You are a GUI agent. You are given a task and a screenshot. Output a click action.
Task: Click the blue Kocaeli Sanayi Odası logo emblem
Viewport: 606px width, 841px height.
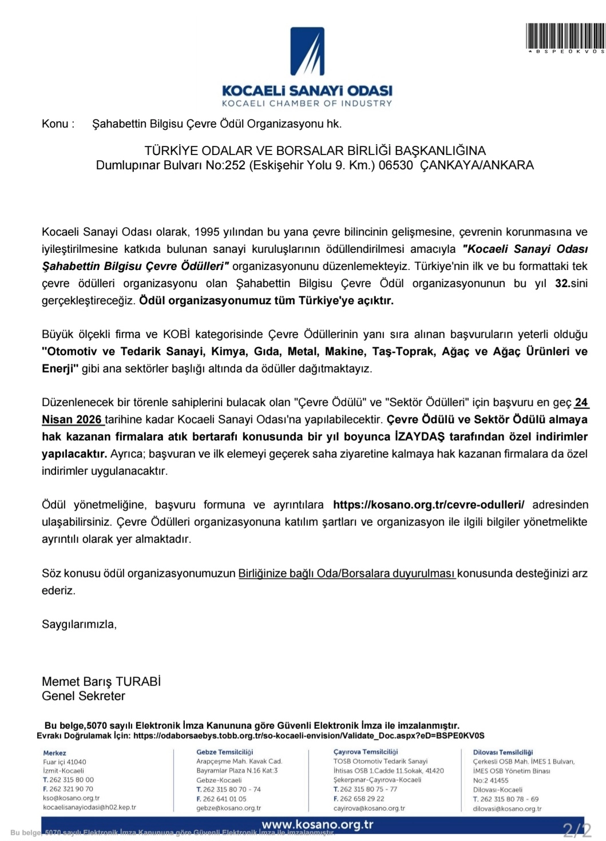click(x=307, y=51)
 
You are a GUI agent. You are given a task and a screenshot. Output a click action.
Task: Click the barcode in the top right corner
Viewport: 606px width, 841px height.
click(x=565, y=36)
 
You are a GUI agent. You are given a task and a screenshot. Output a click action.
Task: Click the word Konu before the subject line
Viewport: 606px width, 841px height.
click(x=55, y=124)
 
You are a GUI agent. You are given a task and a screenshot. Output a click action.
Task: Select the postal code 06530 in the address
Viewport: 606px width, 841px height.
click(x=395, y=165)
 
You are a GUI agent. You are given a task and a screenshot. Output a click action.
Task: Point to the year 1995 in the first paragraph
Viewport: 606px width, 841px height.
click(x=207, y=232)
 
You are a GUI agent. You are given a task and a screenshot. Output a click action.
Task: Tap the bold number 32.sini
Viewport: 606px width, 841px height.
click(x=571, y=283)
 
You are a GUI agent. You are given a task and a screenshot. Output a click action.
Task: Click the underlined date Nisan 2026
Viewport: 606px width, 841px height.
click(x=72, y=419)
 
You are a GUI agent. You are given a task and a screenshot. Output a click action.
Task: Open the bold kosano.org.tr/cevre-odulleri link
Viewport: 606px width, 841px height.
click(x=429, y=505)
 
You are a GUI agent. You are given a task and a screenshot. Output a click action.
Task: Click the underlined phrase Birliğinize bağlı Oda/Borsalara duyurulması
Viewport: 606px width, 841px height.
click(x=347, y=573)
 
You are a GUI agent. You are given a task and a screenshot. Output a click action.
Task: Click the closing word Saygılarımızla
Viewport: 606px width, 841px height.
click(x=79, y=624)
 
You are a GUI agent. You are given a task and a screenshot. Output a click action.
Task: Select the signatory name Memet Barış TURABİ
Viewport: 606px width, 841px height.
click(x=101, y=681)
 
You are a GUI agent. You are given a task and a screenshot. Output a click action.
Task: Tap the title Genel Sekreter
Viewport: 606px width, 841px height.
click(x=84, y=696)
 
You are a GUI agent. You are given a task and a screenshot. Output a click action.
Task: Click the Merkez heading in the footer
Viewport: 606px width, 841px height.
click(x=55, y=753)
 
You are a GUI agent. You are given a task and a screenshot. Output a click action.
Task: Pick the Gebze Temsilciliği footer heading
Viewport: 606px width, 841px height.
click(x=224, y=752)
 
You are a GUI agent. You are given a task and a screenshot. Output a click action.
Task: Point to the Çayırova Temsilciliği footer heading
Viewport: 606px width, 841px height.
click(x=366, y=752)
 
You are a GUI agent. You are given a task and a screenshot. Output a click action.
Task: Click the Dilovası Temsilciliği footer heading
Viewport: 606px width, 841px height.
click(x=503, y=752)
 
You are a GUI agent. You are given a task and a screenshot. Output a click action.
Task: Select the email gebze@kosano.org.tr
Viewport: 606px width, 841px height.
click(x=229, y=808)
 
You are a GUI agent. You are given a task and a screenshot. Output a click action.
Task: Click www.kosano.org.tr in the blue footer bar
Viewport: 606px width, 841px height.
click(x=318, y=824)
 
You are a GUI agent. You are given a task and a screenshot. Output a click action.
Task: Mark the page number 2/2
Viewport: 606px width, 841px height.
click(x=577, y=830)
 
